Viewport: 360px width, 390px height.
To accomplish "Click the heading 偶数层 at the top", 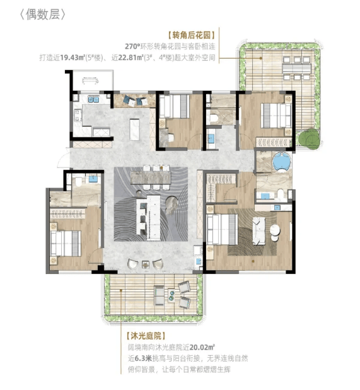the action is click(x=43, y=15).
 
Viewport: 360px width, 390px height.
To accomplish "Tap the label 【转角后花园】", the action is click(x=191, y=35).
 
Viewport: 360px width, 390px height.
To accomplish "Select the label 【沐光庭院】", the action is click(x=146, y=336).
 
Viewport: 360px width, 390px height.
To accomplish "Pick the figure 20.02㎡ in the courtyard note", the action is click(x=202, y=347).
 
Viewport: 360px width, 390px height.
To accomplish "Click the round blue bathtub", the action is click(x=282, y=162).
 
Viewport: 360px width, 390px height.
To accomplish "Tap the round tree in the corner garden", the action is click(x=309, y=139).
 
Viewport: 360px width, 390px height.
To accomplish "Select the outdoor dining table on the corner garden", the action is click(x=296, y=68).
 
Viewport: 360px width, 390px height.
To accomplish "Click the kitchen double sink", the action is click(x=93, y=100).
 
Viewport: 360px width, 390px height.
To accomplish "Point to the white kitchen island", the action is click(x=134, y=129).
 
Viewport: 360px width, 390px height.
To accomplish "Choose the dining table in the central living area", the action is click(x=151, y=177).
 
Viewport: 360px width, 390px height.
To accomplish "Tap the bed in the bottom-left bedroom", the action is click(x=66, y=244).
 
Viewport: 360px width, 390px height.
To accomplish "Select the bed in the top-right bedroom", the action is click(x=276, y=115).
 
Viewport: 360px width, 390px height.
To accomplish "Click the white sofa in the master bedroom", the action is click(x=259, y=231).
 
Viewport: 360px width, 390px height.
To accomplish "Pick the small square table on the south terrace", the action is click(x=171, y=295).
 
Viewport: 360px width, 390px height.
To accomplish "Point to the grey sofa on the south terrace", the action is click(x=159, y=295).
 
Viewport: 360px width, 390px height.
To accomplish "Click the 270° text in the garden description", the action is click(x=132, y=47).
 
